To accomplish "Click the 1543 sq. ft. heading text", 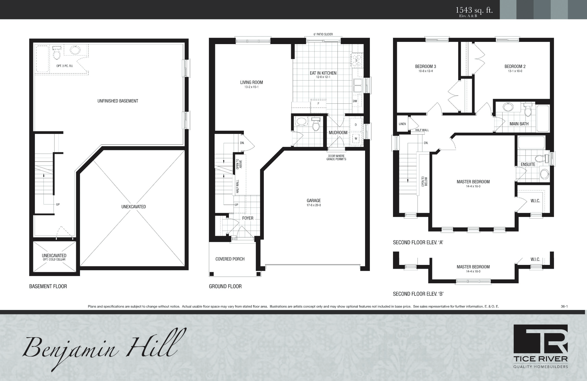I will click(474, 10).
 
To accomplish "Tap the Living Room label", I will click(251, 82).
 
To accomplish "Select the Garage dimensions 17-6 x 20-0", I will click(314, 205).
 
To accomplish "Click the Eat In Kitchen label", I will click(323, 73).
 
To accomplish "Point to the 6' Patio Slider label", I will click(323, 34).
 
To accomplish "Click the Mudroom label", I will click(338, 133).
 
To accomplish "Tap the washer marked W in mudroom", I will click(356, 139).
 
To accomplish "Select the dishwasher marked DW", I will click(355, 101).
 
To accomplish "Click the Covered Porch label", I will click(230, 259).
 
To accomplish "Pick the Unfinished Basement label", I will click(117, 101).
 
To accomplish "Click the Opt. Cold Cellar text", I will click(54, 259).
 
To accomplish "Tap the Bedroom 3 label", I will click(425, 66).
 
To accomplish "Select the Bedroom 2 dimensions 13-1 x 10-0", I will click(515, 71).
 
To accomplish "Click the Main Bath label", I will click(519, 124).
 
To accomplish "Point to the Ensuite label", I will click(528, 164).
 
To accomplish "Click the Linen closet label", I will click(402, 124).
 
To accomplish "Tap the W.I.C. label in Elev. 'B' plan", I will click(535, 259).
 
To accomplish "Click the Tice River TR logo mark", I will click(541, 339).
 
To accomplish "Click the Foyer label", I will click(248, 218).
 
